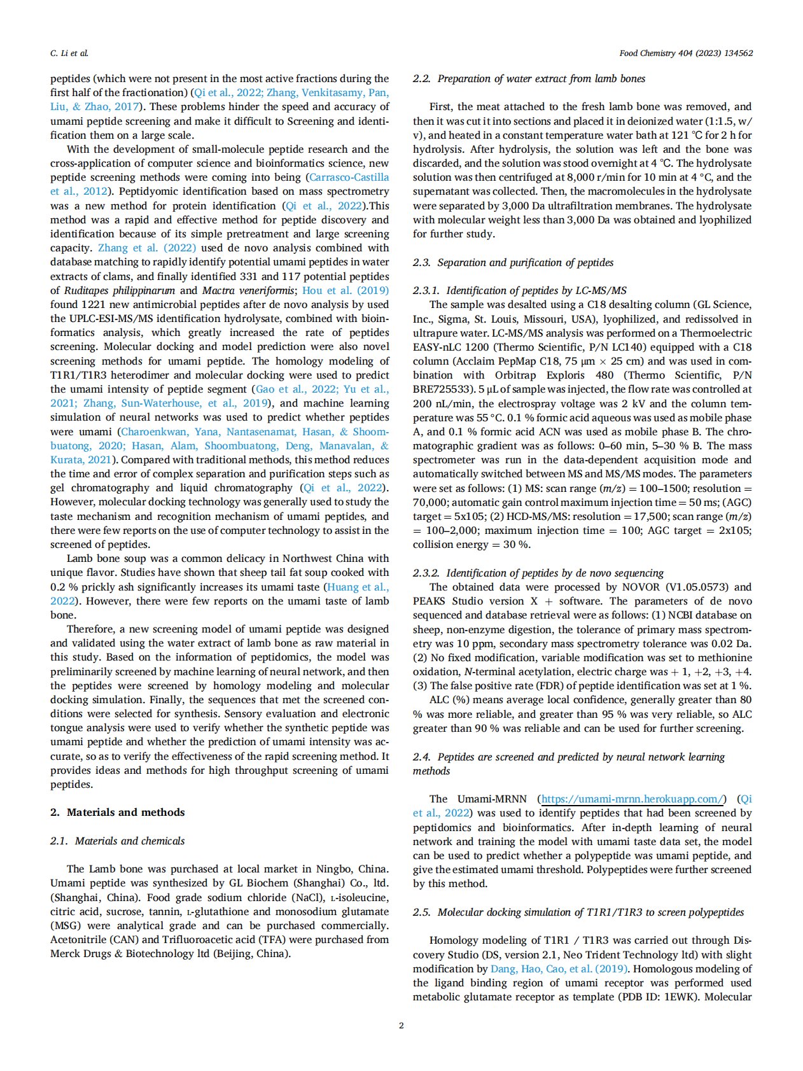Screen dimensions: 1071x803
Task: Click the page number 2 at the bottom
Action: pos(401,1025)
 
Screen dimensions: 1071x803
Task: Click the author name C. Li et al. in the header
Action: pos(69,53)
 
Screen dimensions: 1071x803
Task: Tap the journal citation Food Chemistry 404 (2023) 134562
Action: pos(686,53)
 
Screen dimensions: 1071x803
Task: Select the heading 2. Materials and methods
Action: pos(118,812)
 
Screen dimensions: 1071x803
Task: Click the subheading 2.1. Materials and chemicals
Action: pos(118,841)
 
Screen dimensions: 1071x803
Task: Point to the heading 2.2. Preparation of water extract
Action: pos(529,79)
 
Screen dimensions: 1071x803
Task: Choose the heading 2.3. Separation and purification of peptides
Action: pos(513,262)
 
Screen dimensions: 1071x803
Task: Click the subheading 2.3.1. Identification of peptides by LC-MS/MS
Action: pos(520,291)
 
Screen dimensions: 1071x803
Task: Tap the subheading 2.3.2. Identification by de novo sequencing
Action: pos(538,573)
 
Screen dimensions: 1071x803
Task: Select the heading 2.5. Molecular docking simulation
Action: pos(578,912)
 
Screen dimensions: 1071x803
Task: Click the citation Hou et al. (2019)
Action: pos(345,290)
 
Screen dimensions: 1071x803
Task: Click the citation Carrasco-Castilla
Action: pos(349,178)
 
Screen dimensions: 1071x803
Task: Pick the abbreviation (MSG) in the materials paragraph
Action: pos(65,925)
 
